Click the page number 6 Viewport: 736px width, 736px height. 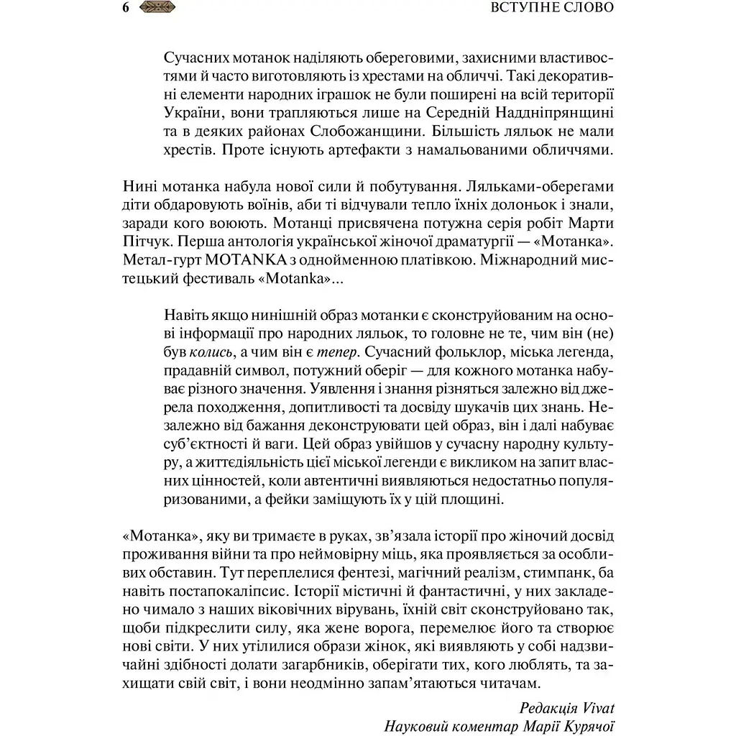pos(126,9)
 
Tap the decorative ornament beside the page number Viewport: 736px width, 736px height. pos(157,9)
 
